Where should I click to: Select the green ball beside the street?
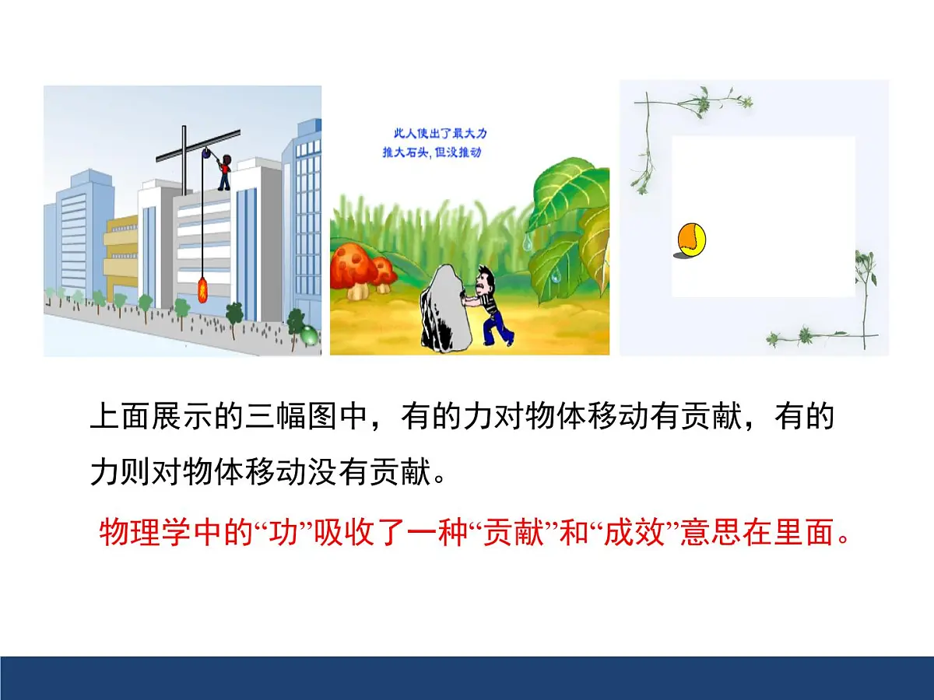pos(310,337)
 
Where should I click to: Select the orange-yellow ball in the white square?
pos(690,240)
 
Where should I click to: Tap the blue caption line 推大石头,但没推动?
pos(431,153)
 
